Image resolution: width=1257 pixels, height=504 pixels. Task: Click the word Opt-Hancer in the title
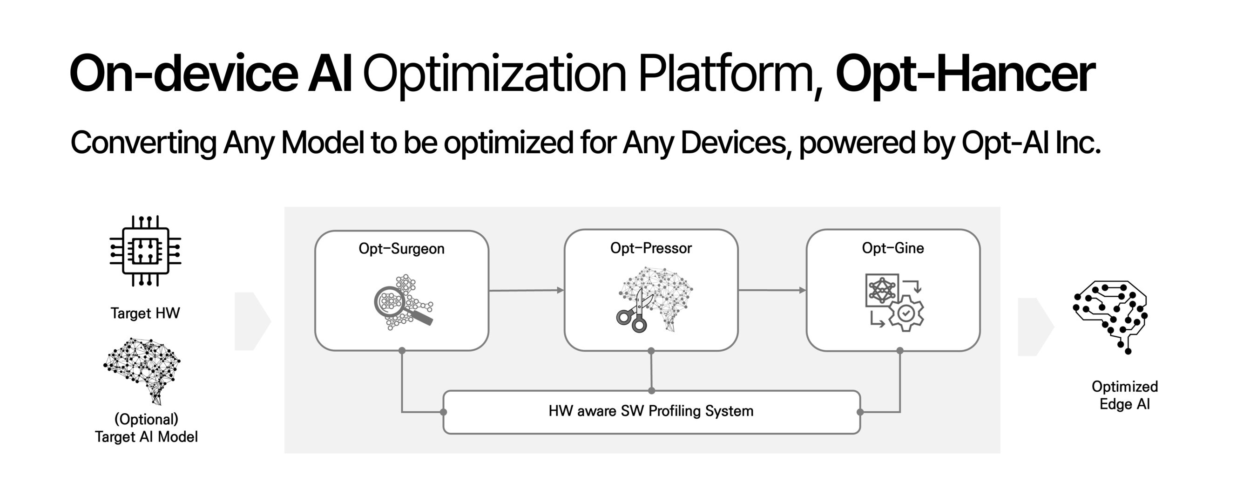(965, 74)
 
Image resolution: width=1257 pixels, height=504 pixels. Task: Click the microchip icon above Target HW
(145, 251)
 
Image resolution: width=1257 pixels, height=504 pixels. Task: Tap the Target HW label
(145, 313)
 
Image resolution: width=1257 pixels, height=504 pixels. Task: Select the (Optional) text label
(146, 419)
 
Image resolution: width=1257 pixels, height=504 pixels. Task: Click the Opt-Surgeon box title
(401, 249)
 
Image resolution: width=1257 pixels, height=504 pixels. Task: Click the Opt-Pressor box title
(650, 248)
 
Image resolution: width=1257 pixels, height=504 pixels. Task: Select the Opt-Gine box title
(892, 248)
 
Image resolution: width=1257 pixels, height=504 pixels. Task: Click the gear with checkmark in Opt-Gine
(906, 313)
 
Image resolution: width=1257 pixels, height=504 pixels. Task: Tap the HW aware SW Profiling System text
(650, 411)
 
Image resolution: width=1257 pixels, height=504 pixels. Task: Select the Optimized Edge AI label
(1124, 395)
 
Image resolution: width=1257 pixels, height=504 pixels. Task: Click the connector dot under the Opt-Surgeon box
(402, 351)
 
